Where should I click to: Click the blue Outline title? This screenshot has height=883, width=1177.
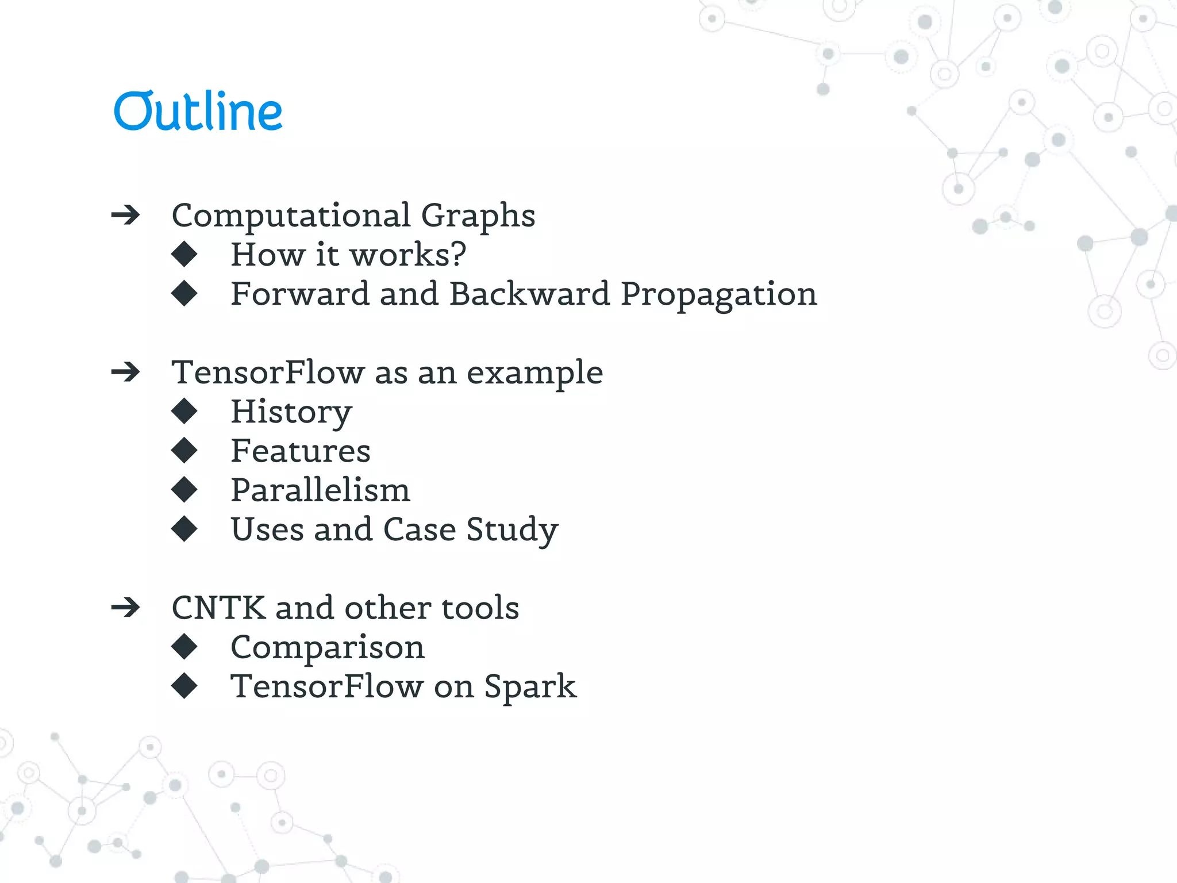coord(198,111)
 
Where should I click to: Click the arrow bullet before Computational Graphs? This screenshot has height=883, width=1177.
coord(125,215)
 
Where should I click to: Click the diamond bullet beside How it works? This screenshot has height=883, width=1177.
coord(184,254)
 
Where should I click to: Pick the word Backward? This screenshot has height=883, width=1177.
coord(529,294)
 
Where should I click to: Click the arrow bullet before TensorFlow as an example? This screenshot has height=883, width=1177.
coord(125,372)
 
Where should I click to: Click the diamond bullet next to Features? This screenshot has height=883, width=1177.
coord(184,450)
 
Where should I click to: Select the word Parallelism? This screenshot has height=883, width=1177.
coord(320,490)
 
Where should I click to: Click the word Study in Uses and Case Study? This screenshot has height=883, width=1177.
coord(511,530)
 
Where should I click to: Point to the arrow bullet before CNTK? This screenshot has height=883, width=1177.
coord(125,607)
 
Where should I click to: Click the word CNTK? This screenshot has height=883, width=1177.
coord(218,608)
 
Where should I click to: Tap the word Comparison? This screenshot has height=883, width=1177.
coord(327,648)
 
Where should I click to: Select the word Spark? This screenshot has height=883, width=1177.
coord(529,687)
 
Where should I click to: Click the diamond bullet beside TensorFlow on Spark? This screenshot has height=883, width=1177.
coord(184,686)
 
